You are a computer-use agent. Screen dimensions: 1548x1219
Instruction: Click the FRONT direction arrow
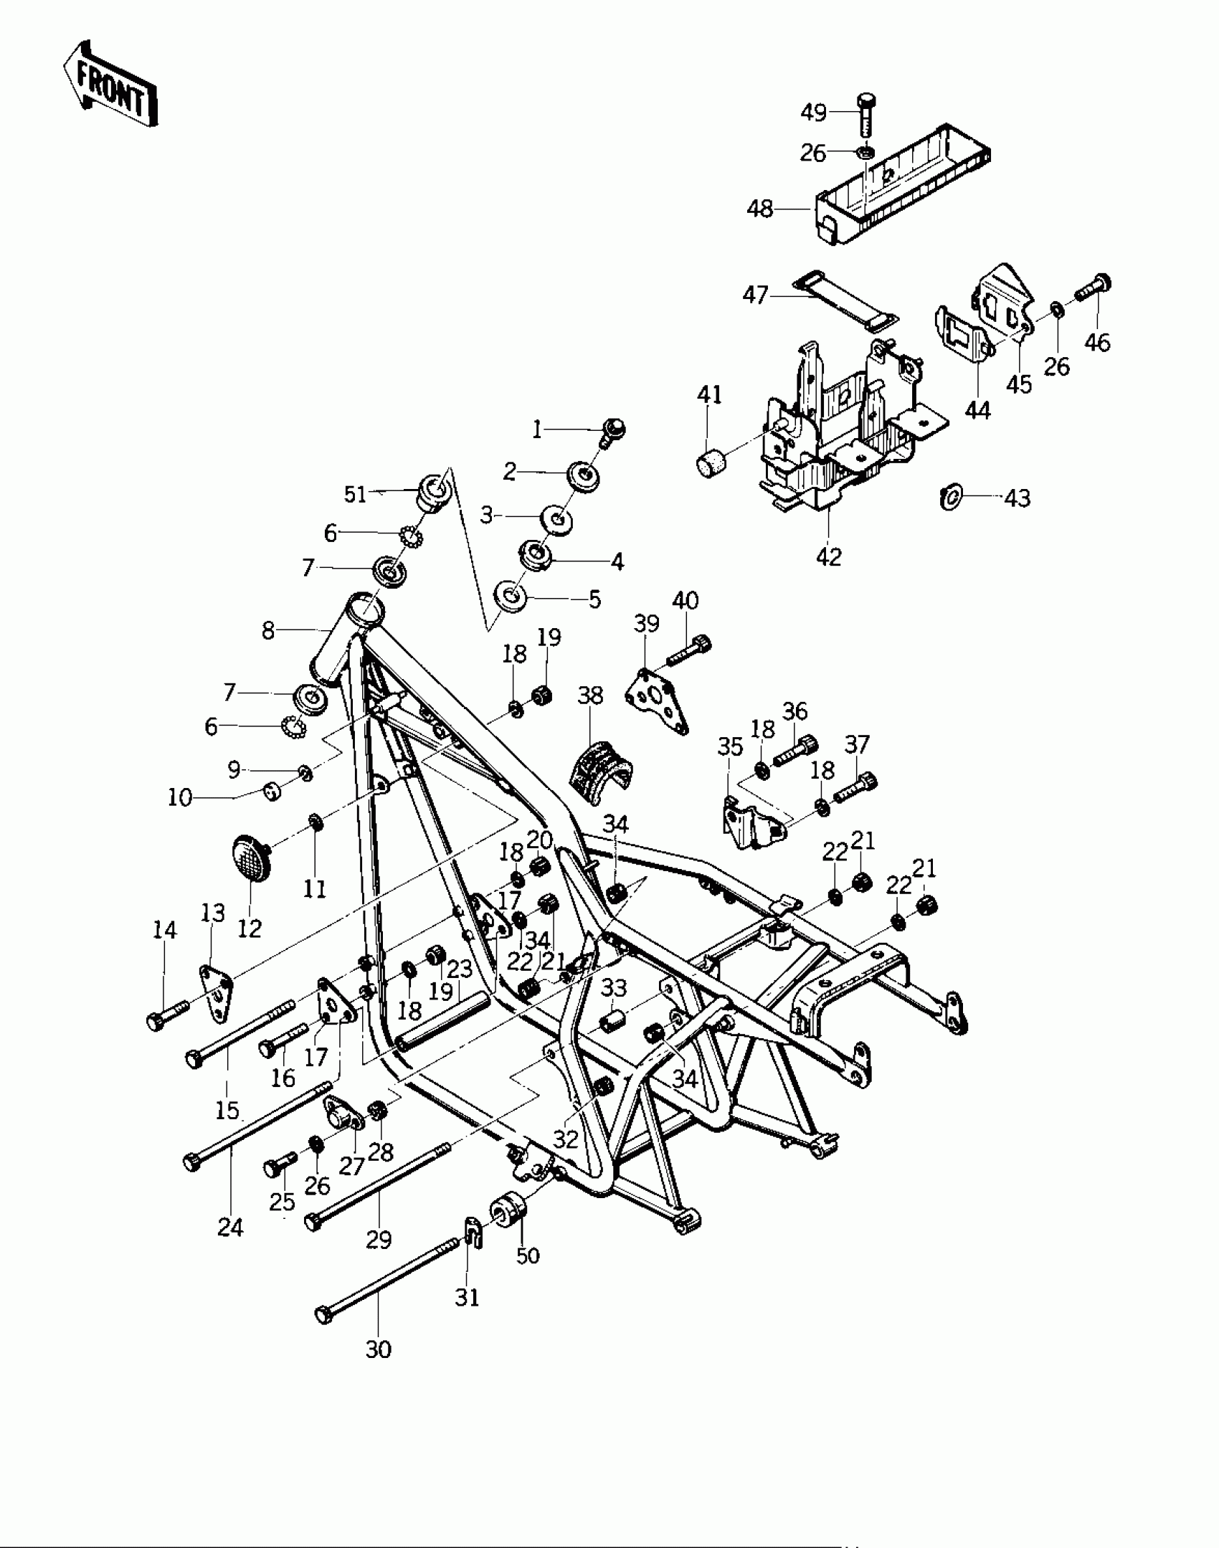point(111,85)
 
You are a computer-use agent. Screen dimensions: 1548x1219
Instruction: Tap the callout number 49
point(813,113)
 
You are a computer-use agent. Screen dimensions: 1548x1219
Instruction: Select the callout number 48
point(760,209)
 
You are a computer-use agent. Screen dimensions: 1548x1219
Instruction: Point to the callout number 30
point(379,1349)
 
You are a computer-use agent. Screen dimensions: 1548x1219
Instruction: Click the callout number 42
point(829,556)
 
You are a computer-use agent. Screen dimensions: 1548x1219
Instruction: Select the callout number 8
point(268,630)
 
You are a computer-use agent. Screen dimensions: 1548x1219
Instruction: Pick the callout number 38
point(590,695)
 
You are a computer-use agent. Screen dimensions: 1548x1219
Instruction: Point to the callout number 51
point(355,494)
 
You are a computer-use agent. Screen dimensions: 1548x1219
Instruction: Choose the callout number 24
point(231,1228)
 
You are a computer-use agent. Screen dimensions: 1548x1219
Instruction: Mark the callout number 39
point(647,624)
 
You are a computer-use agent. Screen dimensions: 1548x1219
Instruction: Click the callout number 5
point(595,599)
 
